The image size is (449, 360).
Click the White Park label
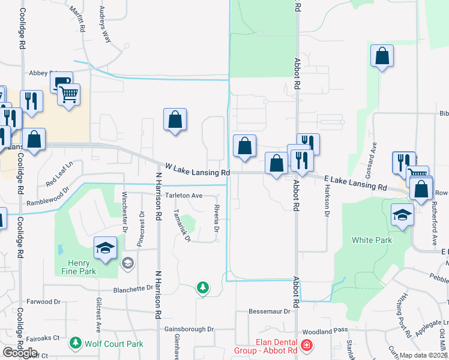(372, 240)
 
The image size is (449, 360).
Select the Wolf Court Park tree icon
(76, 343)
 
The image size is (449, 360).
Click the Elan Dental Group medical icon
(307, 346)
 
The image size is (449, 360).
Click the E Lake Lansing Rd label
(355, 183)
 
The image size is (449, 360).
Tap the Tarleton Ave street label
(184, 196)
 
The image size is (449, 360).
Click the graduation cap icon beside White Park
(402, 214)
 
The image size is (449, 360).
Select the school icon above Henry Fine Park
(104, 248)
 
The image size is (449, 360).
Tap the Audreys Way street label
(104, 25)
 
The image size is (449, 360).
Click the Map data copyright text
(423, 355)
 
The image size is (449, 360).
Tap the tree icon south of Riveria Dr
(203, 288)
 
